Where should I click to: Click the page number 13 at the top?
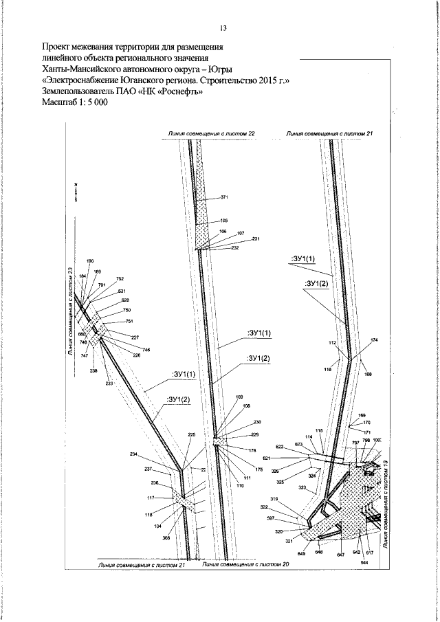(223, 28)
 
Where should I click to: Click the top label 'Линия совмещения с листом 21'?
(329, 133)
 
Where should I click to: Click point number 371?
(224, 197)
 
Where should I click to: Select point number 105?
(223, 220)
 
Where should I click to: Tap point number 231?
(256, 238)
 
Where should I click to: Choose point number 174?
(374, 340)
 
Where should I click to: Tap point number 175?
(259, 469)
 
